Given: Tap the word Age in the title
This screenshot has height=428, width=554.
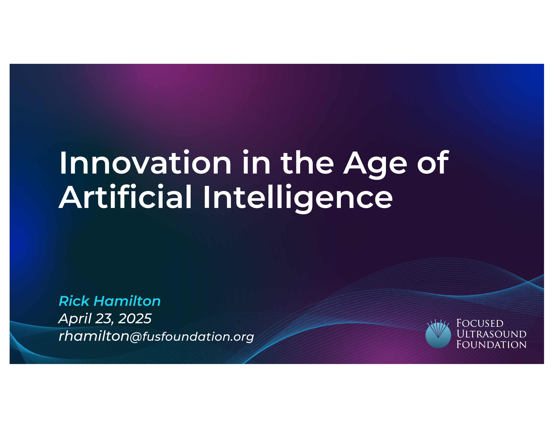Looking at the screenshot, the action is point(375,165).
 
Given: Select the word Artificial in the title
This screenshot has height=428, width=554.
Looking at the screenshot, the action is point(125,197).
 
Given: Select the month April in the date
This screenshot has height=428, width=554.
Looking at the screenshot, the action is point(75,319).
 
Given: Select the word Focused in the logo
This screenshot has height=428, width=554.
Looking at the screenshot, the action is point(480,323).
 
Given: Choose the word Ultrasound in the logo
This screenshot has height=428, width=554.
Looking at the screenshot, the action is point(491,334).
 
